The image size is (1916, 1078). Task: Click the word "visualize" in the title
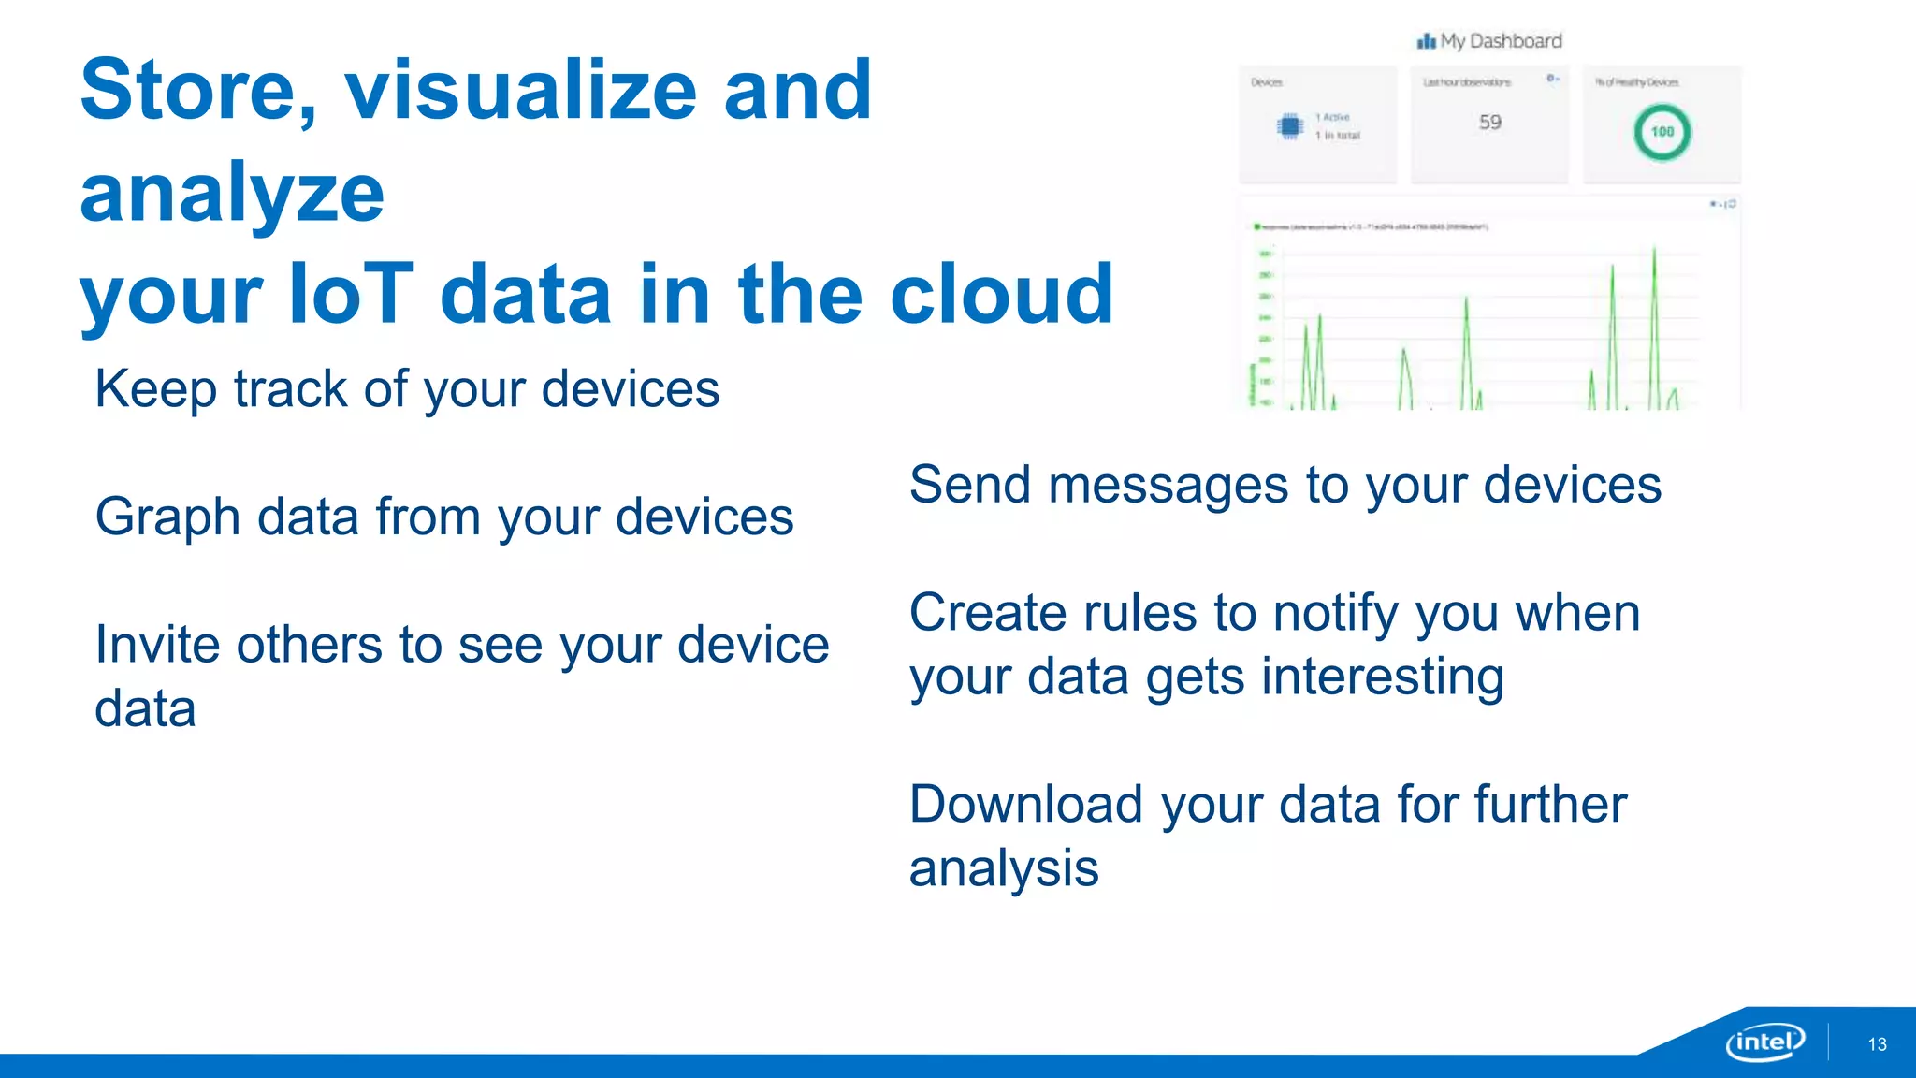point(520,90)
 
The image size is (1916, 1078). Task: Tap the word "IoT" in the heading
point(350,294)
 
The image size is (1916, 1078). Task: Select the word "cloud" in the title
point(1001,294)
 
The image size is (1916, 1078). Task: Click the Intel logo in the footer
point(1764,1042)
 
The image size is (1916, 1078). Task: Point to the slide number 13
point(1877,1044)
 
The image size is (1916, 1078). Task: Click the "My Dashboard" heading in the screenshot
point(1501,41)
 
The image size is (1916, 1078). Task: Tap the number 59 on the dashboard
point(1489,123)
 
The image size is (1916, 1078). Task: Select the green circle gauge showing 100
point(1662,132)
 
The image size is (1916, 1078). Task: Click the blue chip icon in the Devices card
point(1290,126)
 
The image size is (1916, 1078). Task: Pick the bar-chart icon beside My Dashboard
point(1426,41)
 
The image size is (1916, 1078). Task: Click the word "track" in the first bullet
point(290,389)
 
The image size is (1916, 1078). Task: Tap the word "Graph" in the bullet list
point(167,517)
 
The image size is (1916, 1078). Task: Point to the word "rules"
point(1139,614)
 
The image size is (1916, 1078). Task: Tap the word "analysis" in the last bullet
point(1003,868)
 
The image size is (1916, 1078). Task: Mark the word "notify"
point(1336,614)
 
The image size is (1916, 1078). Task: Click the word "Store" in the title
point(197,90)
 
